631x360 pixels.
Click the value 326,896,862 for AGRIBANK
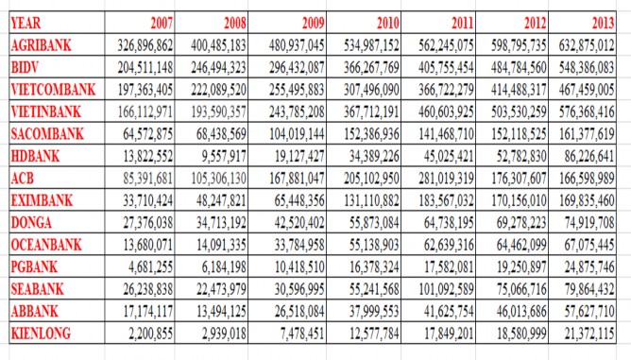133,44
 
